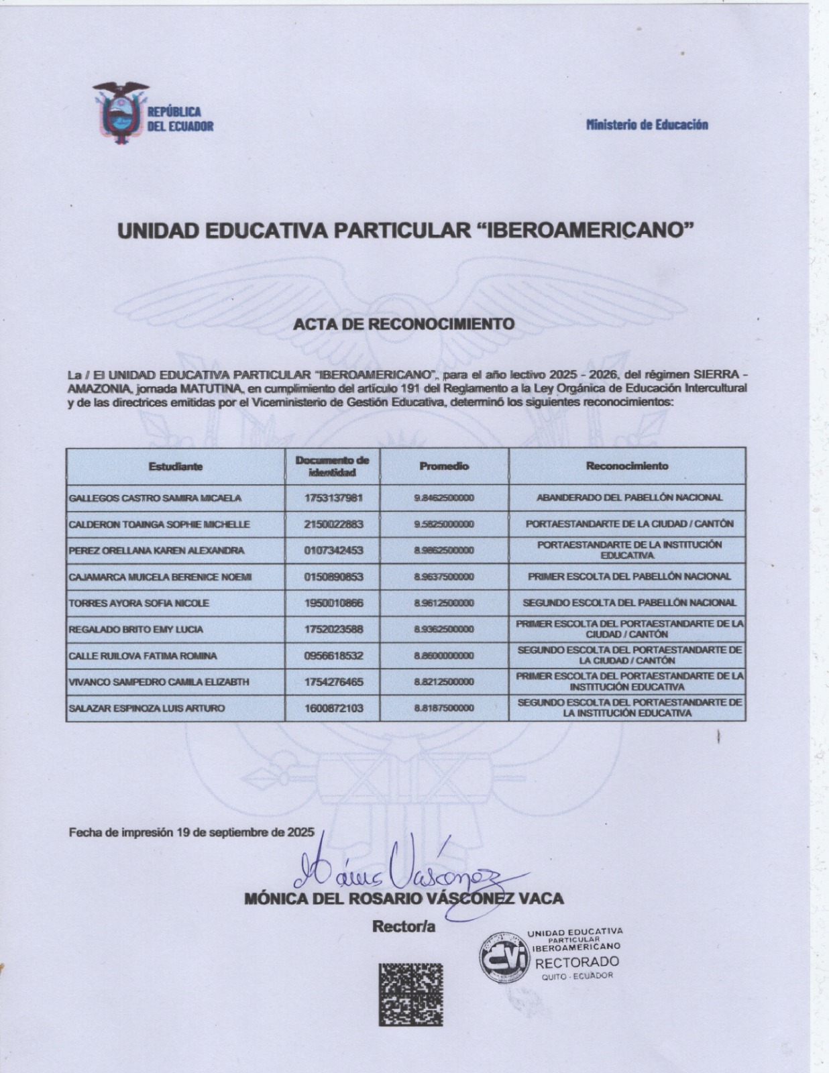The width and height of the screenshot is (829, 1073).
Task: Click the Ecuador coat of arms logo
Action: click(x=121, y=113)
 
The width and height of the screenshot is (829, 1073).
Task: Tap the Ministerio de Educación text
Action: click(x=647, y=124)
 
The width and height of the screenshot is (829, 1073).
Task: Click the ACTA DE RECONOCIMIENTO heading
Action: click(x=404, y=324)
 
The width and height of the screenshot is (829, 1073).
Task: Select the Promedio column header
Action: click(x=444, y=466)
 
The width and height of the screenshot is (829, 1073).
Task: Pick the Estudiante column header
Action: click(x=176, y=466)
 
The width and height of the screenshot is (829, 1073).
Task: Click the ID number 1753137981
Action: click(x=333, y=498)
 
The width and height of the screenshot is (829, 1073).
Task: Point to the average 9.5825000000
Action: click(x=444, y=524)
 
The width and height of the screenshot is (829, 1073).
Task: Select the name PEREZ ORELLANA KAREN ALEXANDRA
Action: click(x=156, y=551)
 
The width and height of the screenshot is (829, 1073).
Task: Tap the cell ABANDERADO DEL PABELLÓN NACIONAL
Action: click(x=629, y=498)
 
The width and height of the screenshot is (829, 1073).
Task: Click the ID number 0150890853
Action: click(x=333, y=577)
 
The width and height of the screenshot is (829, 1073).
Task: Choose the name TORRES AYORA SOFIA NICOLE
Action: click(x=139, y=603)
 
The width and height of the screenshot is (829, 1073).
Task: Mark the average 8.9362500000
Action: click(x=444, y=629)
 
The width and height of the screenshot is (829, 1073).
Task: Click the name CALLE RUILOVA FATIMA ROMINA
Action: click(x=143, y=656)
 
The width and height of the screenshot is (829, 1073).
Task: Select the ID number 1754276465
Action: click(x=333, y=682)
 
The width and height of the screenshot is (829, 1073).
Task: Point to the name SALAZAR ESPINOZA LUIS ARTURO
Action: click(x=147, y=708)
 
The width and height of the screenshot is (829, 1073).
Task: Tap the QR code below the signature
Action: click(x=410, y=994)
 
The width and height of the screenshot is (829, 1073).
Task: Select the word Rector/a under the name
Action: click(x=404, y=927)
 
